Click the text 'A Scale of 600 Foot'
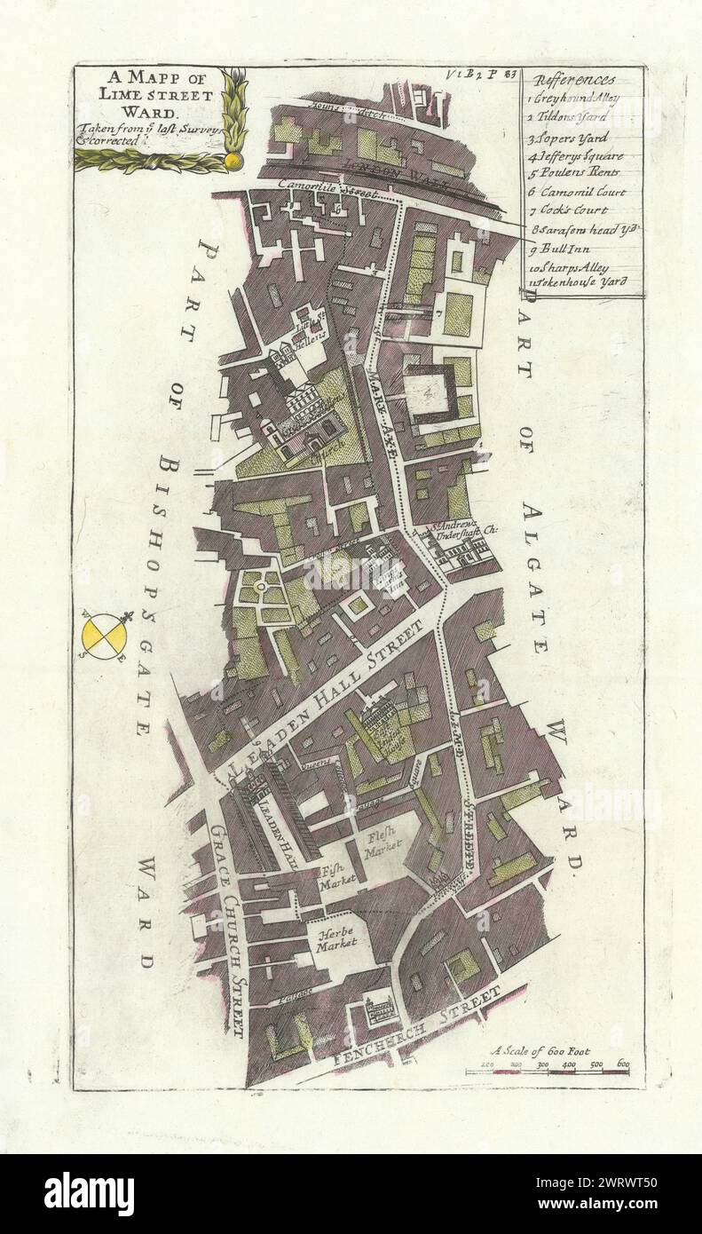(551, 1050)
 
